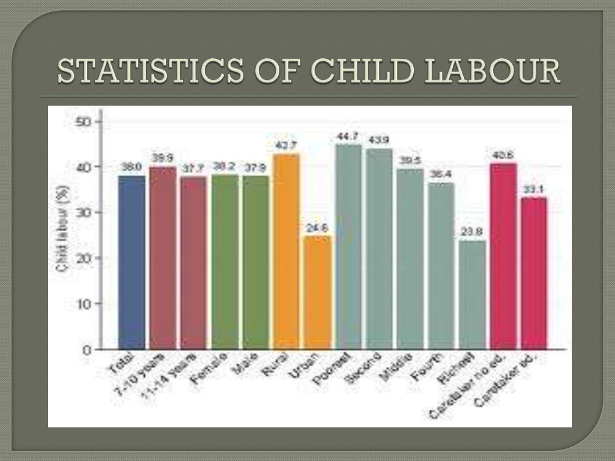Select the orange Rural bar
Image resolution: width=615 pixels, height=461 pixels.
[x=286, y=252]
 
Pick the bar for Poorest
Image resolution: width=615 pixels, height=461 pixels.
[x=348, y=247]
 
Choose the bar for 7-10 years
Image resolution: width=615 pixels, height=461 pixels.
[x=162, y=258]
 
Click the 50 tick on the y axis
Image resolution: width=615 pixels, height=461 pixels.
[x=83, y=121]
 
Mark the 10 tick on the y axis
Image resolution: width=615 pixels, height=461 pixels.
[x=83, y=304]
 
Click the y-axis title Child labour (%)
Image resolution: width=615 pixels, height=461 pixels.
[x=63, y=228]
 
